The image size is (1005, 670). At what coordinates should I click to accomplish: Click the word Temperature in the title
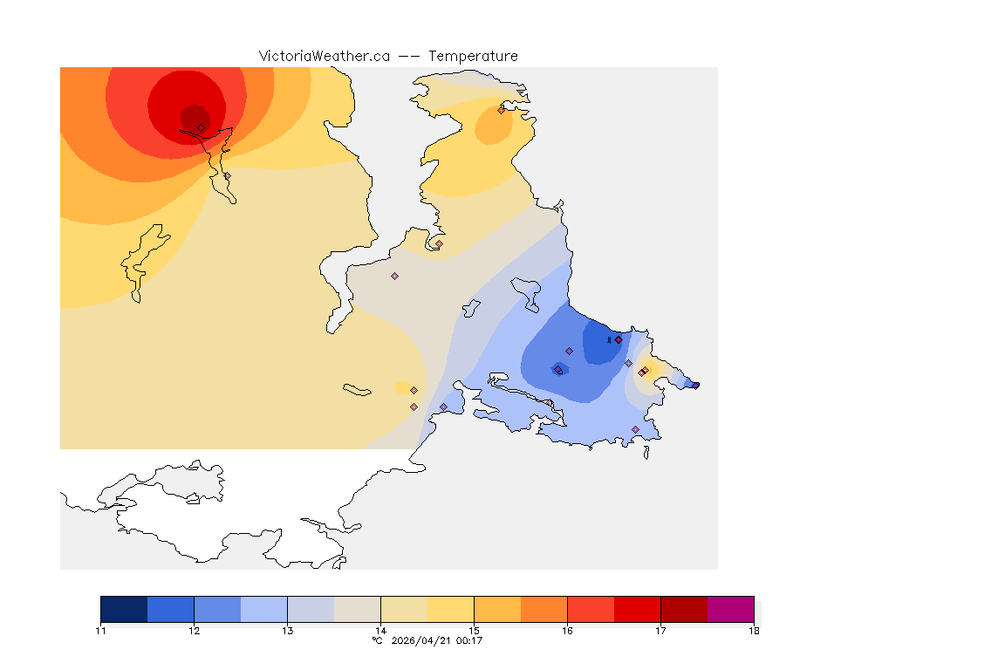pyautogui.click(x=473, y=56)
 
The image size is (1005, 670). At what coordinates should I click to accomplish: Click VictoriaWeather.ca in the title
pyautogui.click(x=324, y=56)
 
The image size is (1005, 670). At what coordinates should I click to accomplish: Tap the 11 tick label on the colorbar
pyautogui.click(x=101, y=631)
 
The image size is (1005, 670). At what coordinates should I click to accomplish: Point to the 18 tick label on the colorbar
pyautogui.click(x=754, y=631)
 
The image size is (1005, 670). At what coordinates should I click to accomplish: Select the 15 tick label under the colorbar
pyautogui.click(x=474, y=631)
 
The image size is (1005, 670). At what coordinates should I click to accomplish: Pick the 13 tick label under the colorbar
pyautogui.click(x=287, y=631)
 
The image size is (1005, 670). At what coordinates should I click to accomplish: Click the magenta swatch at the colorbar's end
pyautogui.click(x=730, y=609)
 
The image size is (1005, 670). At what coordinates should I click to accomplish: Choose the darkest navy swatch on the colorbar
pyautogui.click(x=124, y=609)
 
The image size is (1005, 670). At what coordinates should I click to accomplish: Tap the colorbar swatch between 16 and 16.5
pyautogui.click(x=591, y=609)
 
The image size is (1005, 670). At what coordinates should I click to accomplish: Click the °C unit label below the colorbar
pyautogui.click(x=377, y=640)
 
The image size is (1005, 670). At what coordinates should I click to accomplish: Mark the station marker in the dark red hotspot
pyautogui.click(x=201, y=127)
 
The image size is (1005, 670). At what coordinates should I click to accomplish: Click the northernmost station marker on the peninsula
pyautogui.click(x=501, y=110)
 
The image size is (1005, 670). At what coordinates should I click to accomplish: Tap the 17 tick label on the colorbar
pyautogui.click(x=660, y=631)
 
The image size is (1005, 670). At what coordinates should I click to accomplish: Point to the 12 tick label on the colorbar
pyautogui.click(x=194, y=631)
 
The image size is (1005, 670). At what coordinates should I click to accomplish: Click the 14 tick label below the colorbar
pyautogui.click(x=380, y=631)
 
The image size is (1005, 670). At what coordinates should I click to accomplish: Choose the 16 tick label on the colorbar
pyautogui.click(x=567, y=631)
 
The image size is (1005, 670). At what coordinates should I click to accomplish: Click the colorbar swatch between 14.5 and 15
pyautogui.click(x=450, y=609)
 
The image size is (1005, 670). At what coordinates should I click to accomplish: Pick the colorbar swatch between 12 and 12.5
pyautogui.click(x=217, y=609)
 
